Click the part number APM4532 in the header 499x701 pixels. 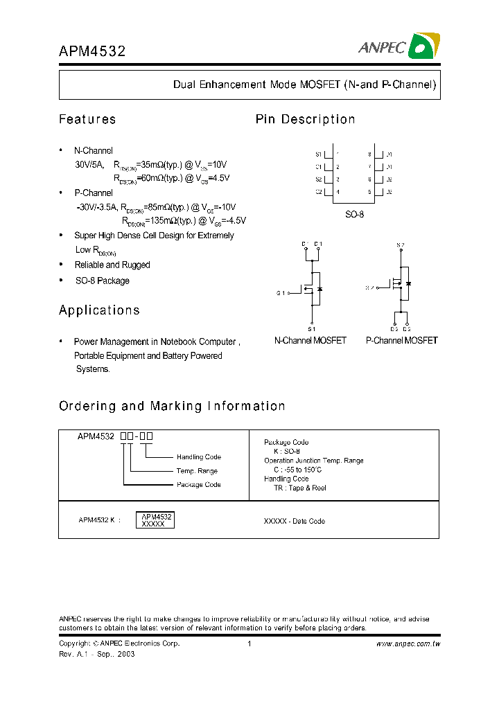(91, 51)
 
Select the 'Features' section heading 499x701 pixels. (87, 119)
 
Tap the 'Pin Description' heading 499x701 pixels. (305, 119)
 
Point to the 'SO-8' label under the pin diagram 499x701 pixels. (354, 215)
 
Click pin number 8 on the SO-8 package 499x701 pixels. (370, 154)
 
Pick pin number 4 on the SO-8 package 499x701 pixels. (338, 192)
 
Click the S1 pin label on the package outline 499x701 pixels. (319, 154)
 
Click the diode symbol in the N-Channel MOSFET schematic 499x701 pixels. (319, 287)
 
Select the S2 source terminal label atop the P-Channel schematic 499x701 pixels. (400, 245)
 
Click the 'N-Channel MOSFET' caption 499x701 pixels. (310, 341)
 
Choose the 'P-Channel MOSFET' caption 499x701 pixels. (401, 341)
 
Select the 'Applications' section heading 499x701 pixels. (99, 310)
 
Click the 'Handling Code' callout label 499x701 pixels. (198, 457)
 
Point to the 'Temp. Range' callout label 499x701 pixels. (197, 471)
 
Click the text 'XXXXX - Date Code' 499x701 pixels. (295, 521)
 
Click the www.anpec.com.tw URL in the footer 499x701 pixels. (408, 644)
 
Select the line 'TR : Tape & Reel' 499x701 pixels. (300, 488)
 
